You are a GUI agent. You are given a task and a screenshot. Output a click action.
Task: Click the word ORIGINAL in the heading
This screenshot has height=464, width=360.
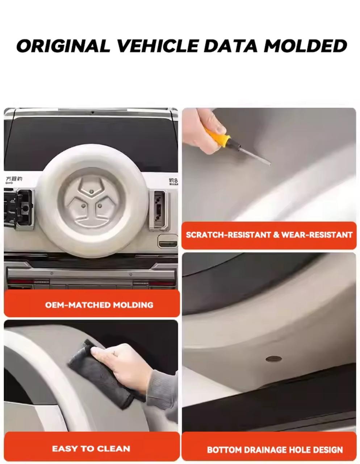click(x=63, y=46)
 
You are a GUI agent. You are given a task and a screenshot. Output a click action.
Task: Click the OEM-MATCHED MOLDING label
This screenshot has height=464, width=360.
click(x=99, y=305)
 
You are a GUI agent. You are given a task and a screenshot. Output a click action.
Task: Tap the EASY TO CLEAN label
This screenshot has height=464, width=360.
click(x=91, y=448)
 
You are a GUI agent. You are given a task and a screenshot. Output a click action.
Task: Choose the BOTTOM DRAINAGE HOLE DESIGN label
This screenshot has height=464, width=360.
click(x=275, y=449)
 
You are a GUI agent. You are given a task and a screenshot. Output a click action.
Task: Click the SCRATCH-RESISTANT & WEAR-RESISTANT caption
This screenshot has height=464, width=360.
click(x=269, y=235)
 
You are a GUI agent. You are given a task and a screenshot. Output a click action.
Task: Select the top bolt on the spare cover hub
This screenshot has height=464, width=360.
click(x=92, y=191)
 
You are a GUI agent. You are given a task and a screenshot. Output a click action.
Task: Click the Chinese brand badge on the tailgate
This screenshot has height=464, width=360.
click(x=14, y=179)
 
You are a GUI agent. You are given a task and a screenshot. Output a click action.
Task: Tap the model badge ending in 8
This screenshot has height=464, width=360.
click(x=173, y=181)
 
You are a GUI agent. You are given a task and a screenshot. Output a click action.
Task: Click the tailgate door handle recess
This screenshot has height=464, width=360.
click(x=168, y=241)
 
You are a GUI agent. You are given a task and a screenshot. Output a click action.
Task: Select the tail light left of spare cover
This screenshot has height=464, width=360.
click(x=19, y=208)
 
